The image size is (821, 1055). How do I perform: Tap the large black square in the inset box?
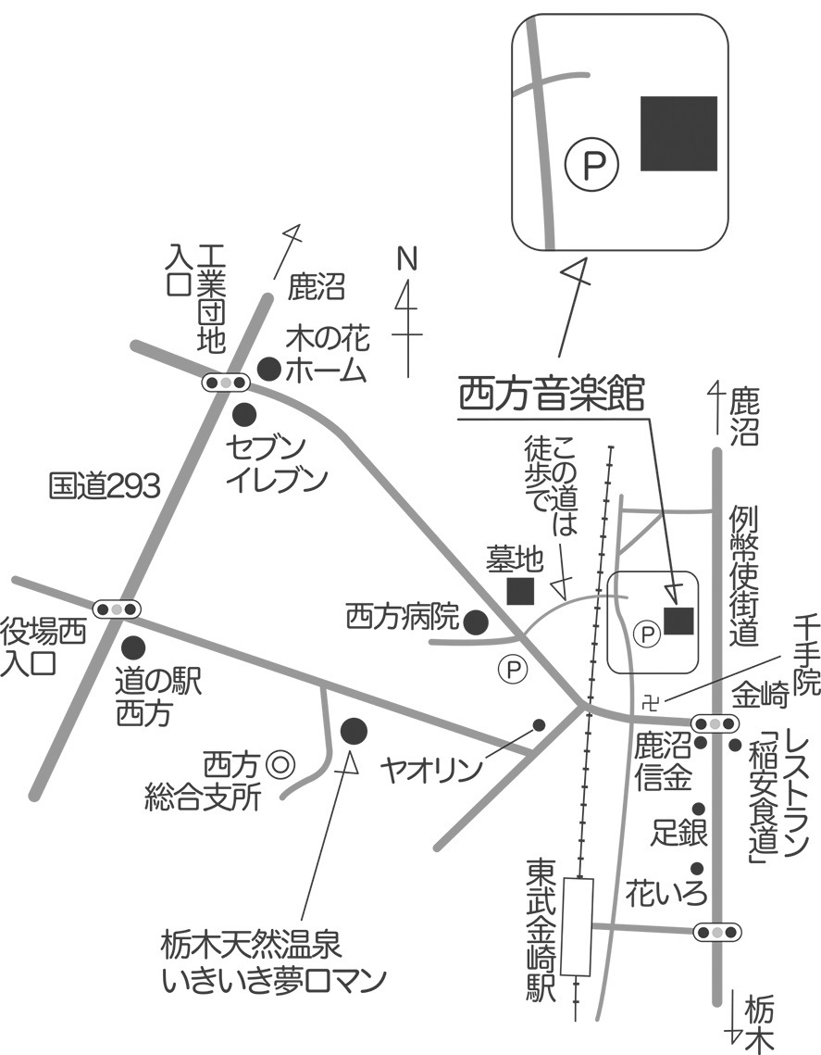679,133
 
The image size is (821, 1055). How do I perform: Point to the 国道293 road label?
105,485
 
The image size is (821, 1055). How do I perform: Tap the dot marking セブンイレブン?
244,412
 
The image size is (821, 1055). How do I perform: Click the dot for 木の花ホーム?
268,369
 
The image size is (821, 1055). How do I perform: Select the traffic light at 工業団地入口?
226,382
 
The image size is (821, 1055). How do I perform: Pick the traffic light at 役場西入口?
118,609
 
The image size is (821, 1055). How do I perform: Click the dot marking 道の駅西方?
134,647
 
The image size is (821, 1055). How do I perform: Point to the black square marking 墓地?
519,590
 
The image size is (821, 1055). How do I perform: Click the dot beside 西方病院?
476,622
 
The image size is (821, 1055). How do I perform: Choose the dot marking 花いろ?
697,869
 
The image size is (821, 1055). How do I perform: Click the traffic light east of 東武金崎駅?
717,931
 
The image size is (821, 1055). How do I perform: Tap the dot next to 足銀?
699,808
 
